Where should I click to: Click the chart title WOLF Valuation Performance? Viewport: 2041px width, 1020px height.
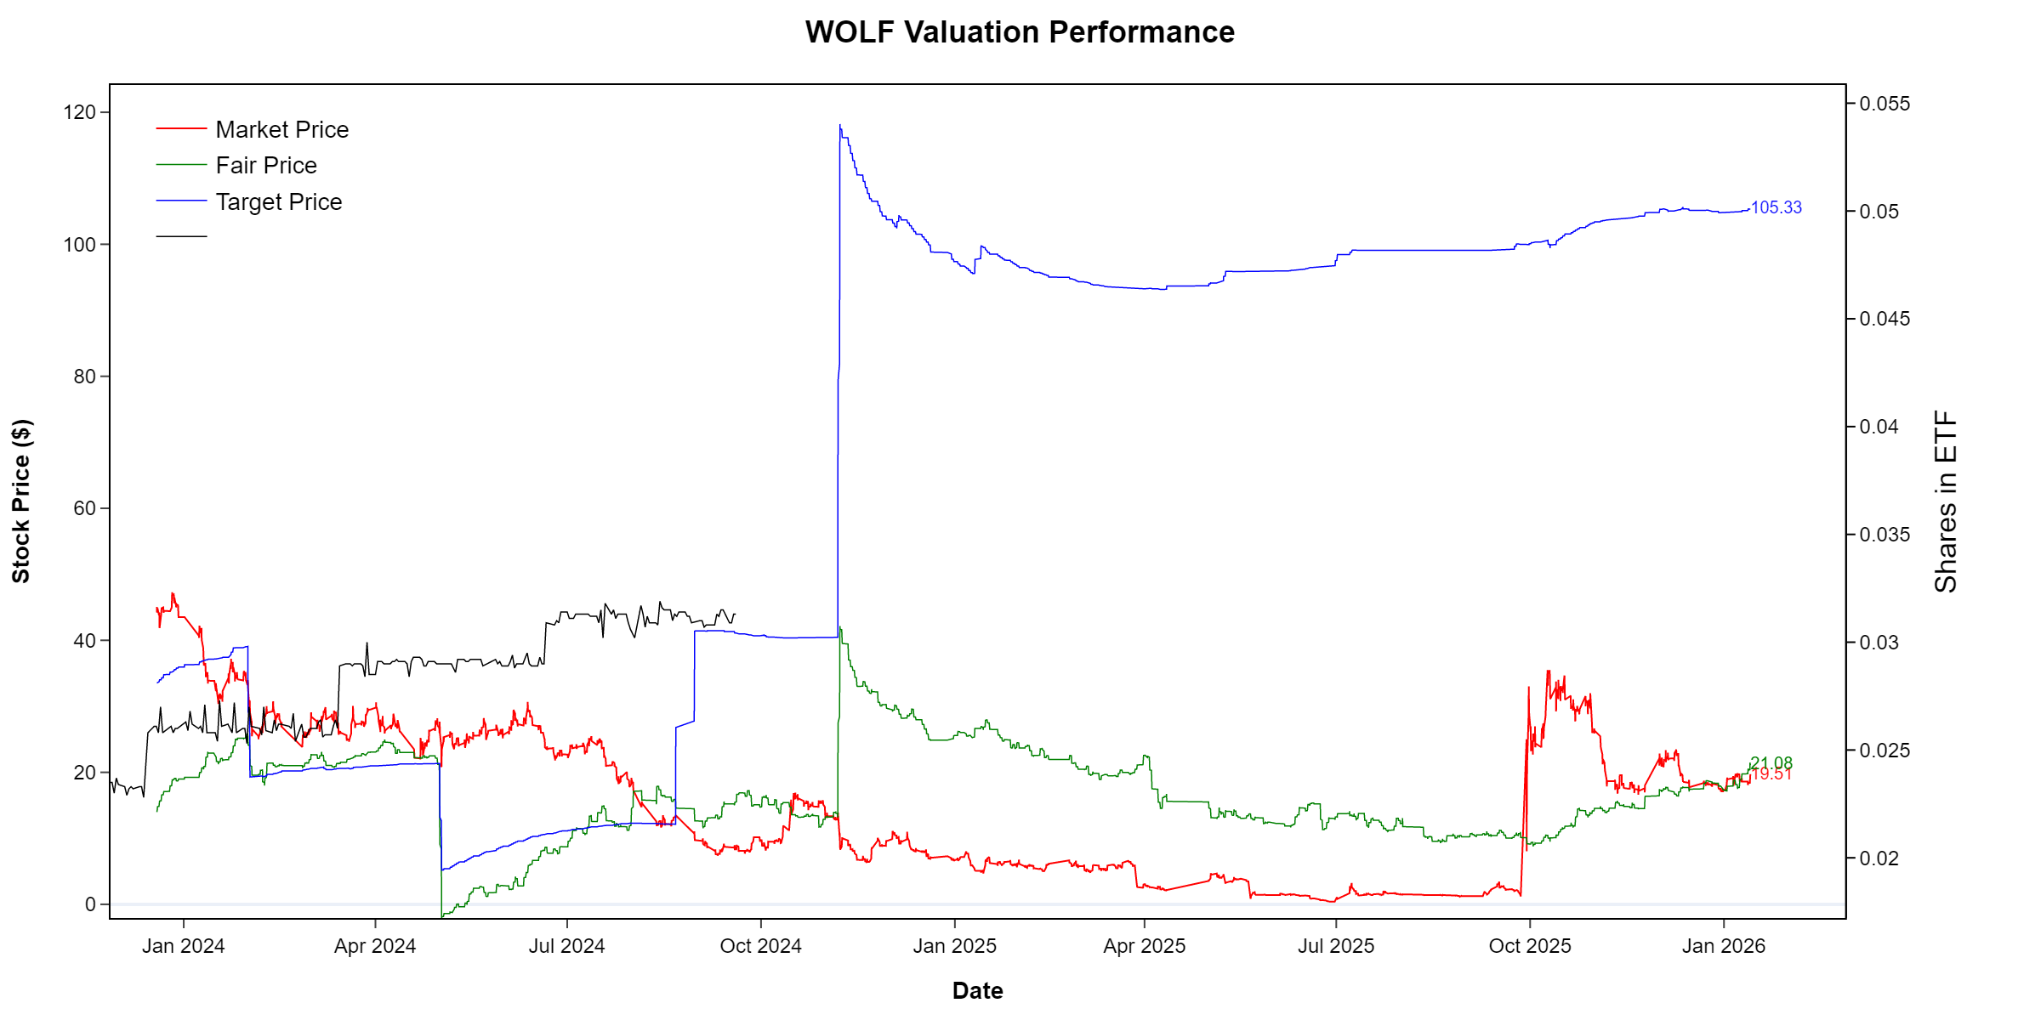point(1020,32)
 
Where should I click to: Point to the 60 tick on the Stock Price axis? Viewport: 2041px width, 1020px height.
point(84,508)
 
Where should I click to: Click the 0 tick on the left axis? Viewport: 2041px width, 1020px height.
point(90,904)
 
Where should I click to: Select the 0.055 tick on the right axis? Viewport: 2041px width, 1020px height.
point(1885,104)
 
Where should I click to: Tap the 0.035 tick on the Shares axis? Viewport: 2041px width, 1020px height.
point(1885,535)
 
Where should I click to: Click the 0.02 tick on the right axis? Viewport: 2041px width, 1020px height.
point(1879,858)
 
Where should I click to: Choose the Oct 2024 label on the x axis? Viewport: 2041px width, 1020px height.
point(760,946)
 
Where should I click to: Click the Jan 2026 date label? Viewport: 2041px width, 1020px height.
point(1723,946)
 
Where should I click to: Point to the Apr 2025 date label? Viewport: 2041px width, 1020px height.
point(1144,946)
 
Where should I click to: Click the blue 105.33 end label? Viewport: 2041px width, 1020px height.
point(1776,207)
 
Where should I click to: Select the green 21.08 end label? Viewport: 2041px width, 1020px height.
point(1771,763)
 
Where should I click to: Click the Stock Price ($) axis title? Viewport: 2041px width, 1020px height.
point(21,501)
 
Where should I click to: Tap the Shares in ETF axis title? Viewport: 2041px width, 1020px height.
point(1946,501)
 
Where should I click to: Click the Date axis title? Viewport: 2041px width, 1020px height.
point(977,990)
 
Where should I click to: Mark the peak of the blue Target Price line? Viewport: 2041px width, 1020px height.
point(840,126)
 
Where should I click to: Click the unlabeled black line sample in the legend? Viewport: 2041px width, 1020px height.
point(181,236)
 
